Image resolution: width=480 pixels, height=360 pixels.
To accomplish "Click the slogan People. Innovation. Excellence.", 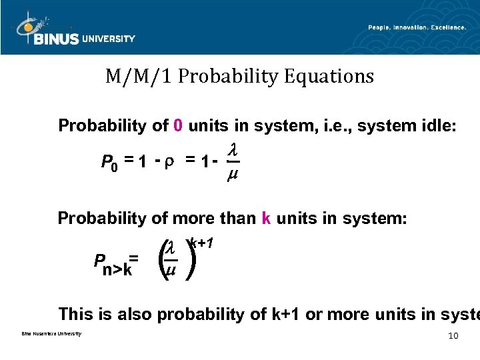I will pyautogui.click(x=417, y=27).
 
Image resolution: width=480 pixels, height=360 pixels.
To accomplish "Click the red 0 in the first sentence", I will pyautogui.click(x=178, y=125).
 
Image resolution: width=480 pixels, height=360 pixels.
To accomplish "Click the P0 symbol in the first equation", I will pyautogui.click(x=109, y=163).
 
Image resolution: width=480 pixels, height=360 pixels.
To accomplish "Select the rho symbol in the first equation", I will pyautogui.click(x=169, y=161).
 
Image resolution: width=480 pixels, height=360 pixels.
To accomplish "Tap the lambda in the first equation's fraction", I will pyautogui.click(x=232, y=152).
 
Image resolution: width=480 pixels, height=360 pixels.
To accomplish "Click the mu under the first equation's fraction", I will pyautogui.click(x=232, y=175).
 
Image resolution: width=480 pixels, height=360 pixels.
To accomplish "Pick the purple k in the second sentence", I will pyautogui.click(x=266, y=218).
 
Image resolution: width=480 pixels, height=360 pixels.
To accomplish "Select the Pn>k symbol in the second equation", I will pyautogui.click(x=113, y=265).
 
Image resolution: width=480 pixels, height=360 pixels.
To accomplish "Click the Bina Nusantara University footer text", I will pyautogui.click(x=47, y=334).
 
